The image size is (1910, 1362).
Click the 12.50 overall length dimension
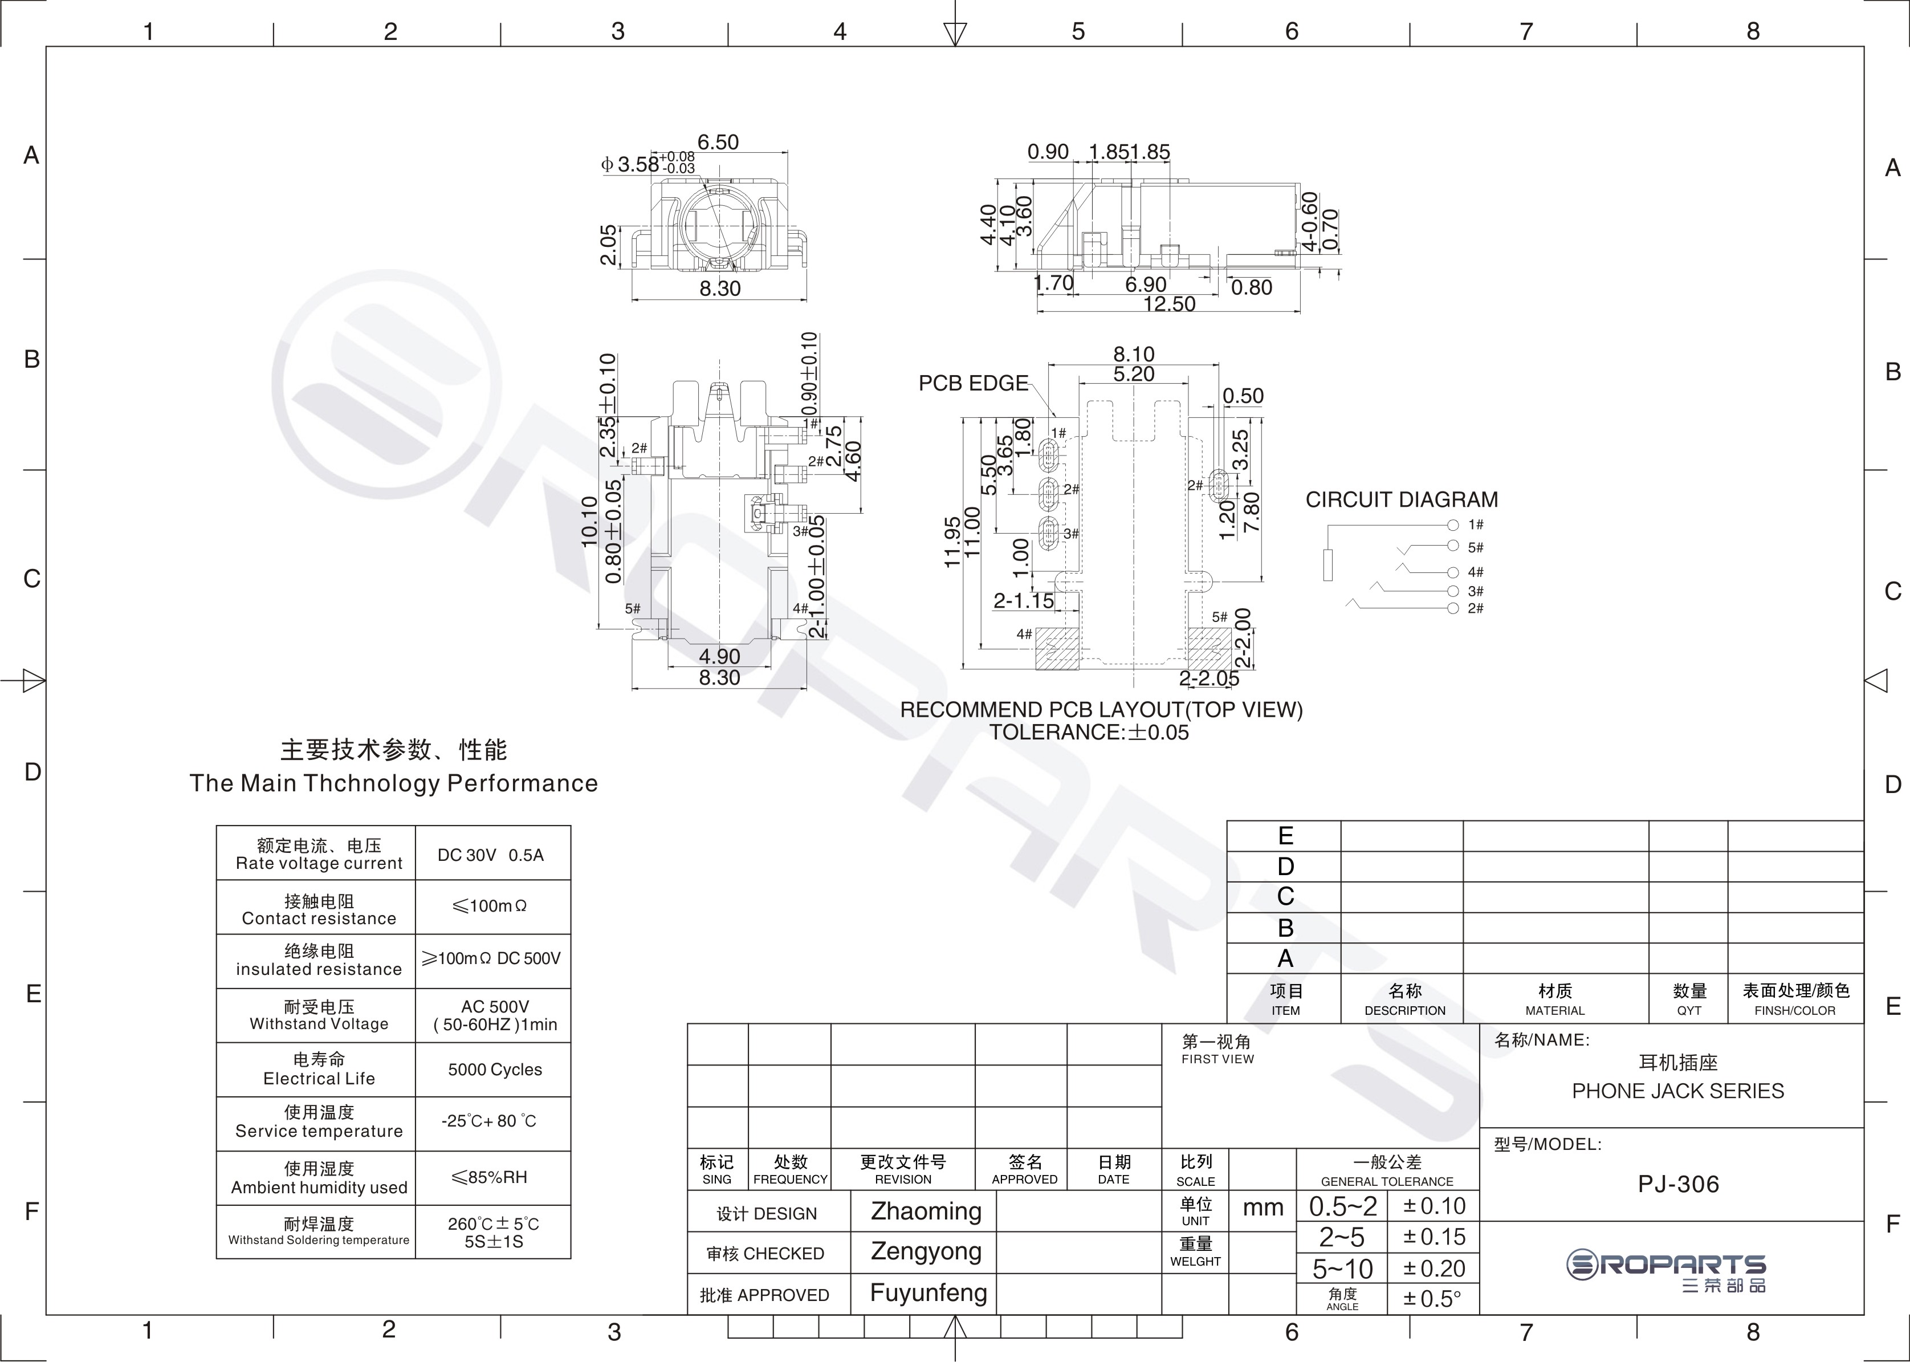click(1169, 304)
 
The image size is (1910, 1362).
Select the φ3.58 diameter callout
click(638, 164)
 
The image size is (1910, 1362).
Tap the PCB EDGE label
click(972, 383)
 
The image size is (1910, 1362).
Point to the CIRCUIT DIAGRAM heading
click(1401, 500)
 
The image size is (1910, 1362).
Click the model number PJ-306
click(1678, 1184)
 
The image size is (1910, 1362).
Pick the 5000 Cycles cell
click(495, 1070)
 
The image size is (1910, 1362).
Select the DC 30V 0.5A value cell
click(491, 855)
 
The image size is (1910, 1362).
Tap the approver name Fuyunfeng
click(928, 1292)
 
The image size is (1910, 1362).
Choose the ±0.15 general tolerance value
click(1435, 1237)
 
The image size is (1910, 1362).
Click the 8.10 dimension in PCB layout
click(1134, 354)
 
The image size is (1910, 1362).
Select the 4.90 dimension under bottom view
click(719, 656)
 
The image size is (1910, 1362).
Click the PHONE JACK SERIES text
click(1678, 1091)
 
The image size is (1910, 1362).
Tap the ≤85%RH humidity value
click(490, 1177)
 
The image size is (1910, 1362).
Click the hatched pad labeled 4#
click(1057, 648)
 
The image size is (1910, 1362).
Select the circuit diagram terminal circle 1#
click(1453, 525)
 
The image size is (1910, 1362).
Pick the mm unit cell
click(1263, 1207)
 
